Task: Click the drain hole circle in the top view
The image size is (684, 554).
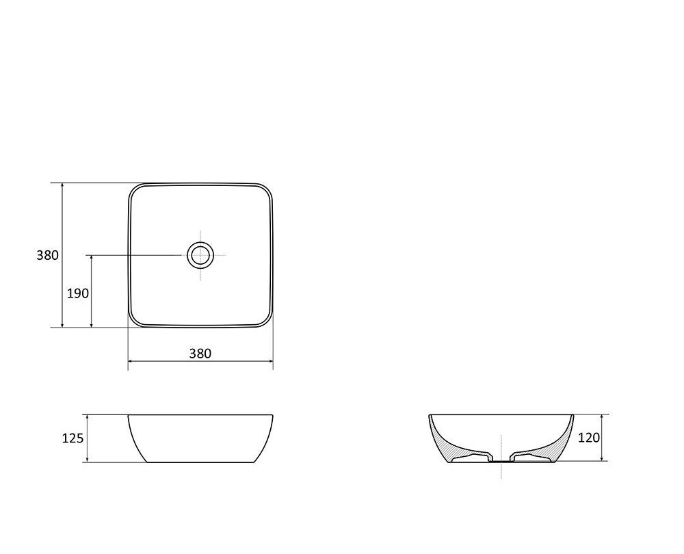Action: click(200, 255)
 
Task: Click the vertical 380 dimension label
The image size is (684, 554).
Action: click(47, 255)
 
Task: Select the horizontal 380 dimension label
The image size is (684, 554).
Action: click(200, 354)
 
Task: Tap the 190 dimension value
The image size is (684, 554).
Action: click(78, 293)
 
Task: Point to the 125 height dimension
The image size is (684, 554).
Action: click(73, 438)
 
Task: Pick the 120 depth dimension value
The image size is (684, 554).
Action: click(589, 436)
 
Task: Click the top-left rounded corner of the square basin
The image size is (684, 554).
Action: click(135, 189)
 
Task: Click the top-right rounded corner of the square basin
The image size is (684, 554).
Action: click(266, 189)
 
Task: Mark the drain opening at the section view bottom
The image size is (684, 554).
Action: click(501, 461)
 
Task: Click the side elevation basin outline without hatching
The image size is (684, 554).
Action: click(200, 438)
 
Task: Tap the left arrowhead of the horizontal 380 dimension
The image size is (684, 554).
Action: click(130, 361)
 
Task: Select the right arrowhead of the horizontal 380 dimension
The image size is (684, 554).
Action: click(271, 361)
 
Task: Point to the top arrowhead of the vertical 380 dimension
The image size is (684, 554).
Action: click(62, 185)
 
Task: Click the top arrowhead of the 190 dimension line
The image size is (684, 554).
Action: click(92, 257)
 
